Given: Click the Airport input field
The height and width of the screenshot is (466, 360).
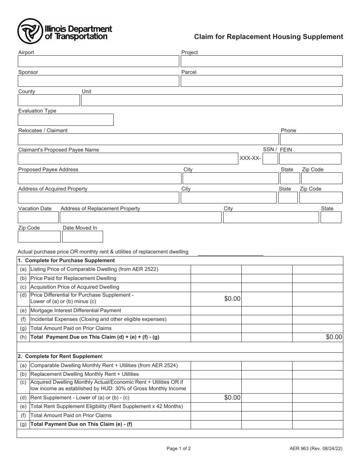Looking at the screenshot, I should (98, 61).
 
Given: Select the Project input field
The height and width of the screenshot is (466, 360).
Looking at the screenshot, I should (261, 61).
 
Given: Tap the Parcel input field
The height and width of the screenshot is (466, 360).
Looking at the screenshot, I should (261, 81).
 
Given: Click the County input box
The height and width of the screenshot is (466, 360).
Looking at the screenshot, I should (49, 100).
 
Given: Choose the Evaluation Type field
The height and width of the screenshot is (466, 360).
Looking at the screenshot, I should (66, 120).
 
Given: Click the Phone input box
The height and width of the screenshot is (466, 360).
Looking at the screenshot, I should (311, 139).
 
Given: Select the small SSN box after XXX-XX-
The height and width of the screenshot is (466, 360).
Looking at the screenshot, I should (270, 158).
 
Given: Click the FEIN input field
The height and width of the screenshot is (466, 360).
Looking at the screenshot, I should (310, 158).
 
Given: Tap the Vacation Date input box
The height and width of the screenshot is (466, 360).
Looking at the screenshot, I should (38, 217).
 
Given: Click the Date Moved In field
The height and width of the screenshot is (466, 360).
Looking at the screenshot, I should (83, 236).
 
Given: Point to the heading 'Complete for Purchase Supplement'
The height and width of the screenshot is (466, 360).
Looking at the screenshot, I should (70, 261).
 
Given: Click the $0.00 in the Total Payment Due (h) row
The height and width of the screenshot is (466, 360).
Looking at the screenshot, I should (333, 337).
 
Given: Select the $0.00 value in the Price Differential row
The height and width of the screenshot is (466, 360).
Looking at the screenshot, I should (232, 299).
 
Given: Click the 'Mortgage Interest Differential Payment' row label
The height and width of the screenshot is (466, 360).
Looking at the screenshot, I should (76, 310).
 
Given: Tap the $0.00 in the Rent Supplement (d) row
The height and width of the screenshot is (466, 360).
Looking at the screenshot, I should (232, 397).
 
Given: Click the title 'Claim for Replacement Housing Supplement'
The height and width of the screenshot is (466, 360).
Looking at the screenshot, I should (269, 37).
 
